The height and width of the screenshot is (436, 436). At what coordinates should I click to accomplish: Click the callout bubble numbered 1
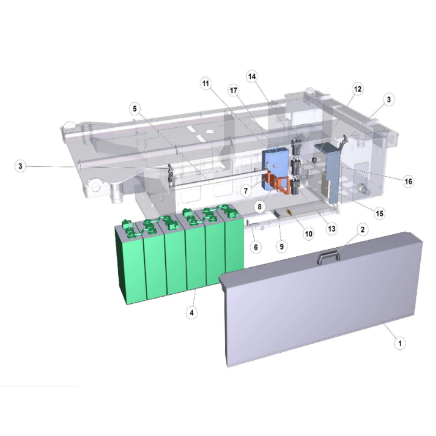[400, 343]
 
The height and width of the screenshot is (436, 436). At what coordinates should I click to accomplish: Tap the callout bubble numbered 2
[362, 230]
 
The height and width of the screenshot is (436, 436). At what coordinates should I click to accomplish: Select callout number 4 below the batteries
[191, 313]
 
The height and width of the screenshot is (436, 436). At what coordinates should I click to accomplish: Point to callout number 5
[135, 109]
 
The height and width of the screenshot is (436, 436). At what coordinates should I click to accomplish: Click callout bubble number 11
[206, 83]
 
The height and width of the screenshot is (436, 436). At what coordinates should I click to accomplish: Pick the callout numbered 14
[252, 76]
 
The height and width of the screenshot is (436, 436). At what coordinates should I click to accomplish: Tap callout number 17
[234, 90]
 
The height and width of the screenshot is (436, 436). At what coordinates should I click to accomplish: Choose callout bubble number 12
[358, 89]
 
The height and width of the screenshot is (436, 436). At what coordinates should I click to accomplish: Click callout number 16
[408, 181]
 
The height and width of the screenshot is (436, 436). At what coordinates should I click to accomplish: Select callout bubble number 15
[380, 214]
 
